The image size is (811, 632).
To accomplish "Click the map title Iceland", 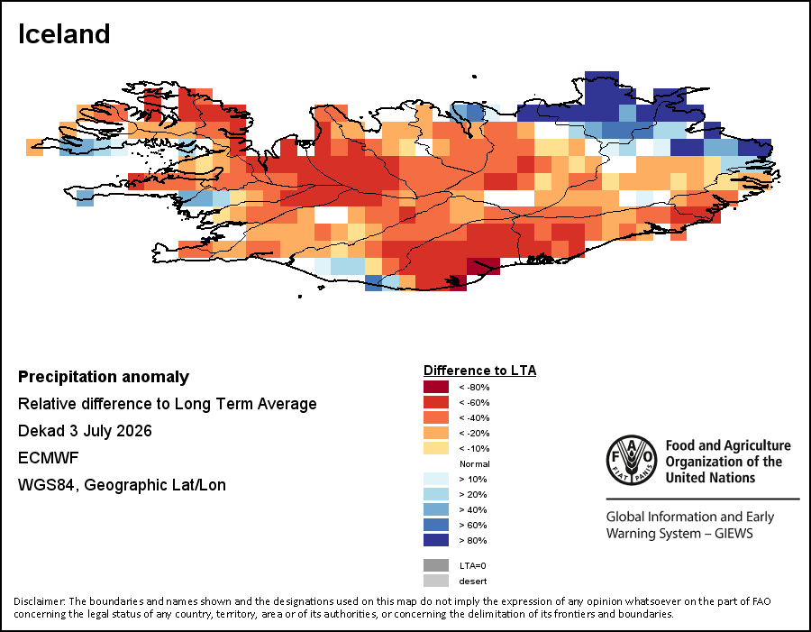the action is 64,34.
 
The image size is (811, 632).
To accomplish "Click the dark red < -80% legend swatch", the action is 436,387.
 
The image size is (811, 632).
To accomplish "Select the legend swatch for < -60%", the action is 436,402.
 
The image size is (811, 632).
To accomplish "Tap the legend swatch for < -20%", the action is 436,433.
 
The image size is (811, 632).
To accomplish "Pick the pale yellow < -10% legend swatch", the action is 436,448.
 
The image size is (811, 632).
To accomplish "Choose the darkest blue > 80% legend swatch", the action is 436,540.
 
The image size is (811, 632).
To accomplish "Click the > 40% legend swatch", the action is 436,509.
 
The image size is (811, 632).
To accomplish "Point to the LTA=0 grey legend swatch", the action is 436,565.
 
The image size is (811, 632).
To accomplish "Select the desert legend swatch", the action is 436,581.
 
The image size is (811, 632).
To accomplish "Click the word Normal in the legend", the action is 474,463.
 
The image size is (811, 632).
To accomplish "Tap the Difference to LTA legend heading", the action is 480,371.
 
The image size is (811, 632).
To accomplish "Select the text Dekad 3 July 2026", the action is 85,431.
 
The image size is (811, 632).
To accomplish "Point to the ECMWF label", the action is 48,458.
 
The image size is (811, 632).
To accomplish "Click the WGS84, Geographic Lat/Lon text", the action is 122,485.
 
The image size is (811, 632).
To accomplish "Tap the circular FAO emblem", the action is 632,460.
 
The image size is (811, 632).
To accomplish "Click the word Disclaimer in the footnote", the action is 40,601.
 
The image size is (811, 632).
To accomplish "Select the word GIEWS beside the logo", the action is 734,533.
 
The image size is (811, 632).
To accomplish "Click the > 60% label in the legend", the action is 473,525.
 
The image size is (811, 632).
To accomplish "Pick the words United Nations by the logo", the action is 710,477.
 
